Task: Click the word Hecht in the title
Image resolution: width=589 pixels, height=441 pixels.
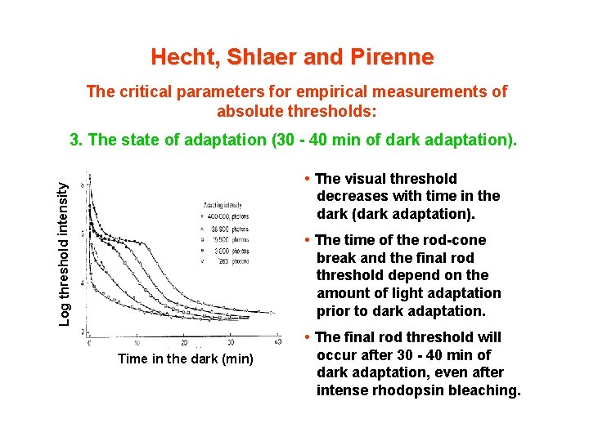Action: click(177, 57)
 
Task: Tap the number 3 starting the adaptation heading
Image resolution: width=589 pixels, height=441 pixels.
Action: click(75, 140)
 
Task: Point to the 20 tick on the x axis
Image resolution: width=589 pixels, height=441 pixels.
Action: click(184, 341)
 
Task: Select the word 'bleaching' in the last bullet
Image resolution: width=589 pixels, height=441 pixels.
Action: click(488, 390)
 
